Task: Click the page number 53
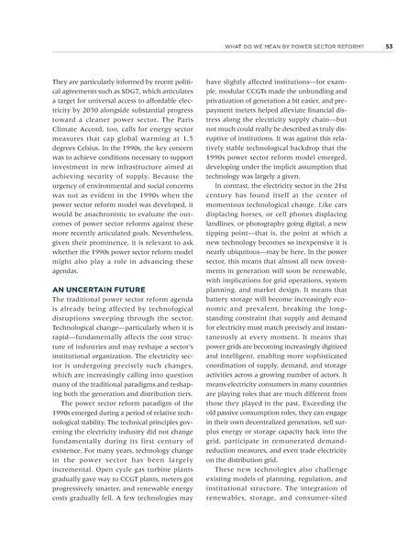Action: click(390, 47)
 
